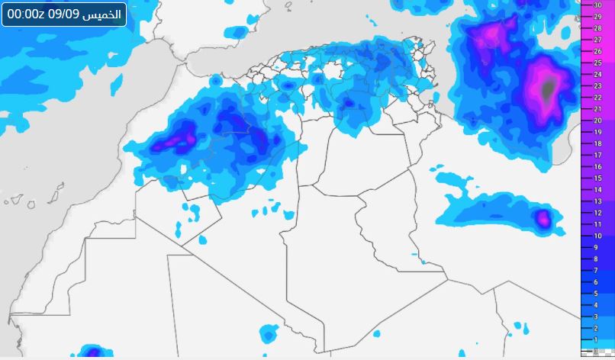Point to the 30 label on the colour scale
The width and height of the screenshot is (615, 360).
pyautogui.click(x=598, y=5)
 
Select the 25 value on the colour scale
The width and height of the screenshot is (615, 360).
pyautogui.click(x=598, y=62)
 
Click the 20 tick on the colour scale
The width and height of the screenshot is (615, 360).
pyautogui.click(x=598, y=120)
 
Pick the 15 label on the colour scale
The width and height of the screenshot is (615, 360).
pyautogui.click(x=598, y=178)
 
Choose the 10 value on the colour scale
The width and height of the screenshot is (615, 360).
pyautogui.click(x=598, y=236)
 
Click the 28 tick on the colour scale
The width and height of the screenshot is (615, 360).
pyautogui.click(x=598, y=27)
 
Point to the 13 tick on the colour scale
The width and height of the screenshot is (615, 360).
pyautogui.click(x=598, y=201)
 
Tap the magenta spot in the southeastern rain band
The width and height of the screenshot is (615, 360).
pyautogui.click(x=543, y=220)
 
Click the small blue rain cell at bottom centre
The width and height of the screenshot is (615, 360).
pyautogui.click(x=269, y=334)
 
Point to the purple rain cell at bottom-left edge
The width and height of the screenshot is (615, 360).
pyautogui.click(x=92, y=353)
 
